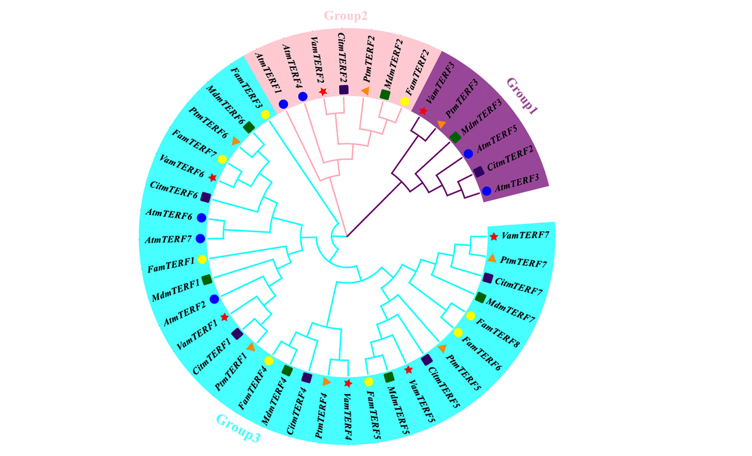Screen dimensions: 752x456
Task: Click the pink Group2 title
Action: pos(345,16)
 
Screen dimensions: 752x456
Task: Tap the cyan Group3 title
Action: pos(238,428)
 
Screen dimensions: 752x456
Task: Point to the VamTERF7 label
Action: pos(525,236)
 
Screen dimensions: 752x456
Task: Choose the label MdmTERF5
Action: pos(398,410)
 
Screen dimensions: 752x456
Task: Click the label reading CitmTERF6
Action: pos(173,190)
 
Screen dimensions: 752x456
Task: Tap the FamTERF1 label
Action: pos(171,265)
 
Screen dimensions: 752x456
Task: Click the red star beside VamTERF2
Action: pos(323,92)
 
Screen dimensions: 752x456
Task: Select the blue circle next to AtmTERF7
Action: pos(200,239)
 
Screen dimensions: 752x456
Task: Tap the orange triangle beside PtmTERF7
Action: pos(492,258)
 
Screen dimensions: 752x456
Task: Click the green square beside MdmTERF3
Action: pos(456,138)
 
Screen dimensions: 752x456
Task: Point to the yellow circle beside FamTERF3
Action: pos(265,115)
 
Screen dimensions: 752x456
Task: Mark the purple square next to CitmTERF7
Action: pos(488,278)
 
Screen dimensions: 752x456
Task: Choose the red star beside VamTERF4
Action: pos(348,383)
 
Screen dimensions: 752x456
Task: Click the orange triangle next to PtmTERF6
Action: pos(236,141)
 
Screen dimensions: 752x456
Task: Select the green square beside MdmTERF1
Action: pos(207,280)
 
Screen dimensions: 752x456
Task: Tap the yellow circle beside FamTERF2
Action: pos(405,101)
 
